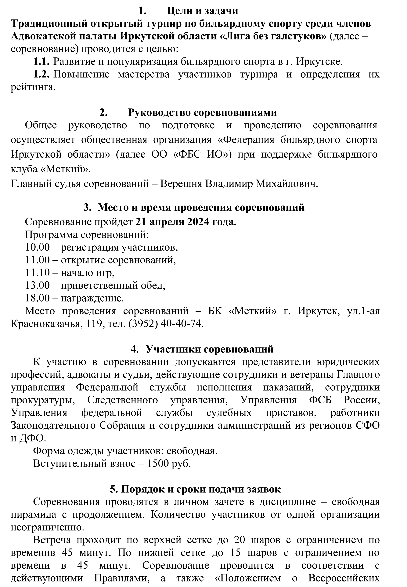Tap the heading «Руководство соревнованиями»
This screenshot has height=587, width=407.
pyautogui.click(x=202, y=112)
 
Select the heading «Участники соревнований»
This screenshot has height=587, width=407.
pyautogui.click(x=210, y=349)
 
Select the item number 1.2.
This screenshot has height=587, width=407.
pyautogui.click(x=41, y=75)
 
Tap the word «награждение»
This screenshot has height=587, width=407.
pyautogui.click(x=92, y=298)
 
